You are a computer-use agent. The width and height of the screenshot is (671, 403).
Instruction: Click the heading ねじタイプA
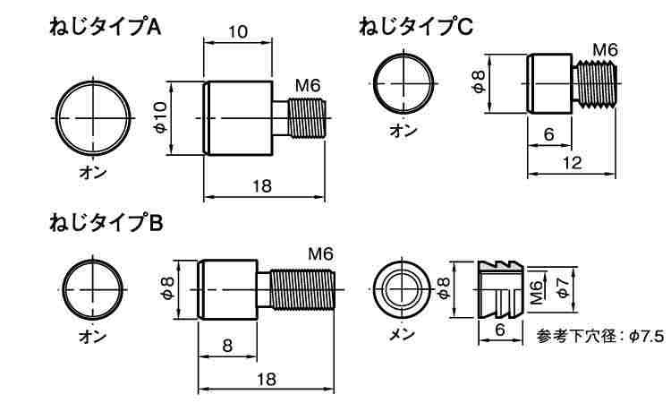pos(104,28)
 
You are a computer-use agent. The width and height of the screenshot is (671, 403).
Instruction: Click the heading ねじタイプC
pos(414,28)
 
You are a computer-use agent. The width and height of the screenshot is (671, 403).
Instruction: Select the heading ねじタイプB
pos(104,224)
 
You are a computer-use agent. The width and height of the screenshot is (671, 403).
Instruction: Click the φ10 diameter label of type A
pos(160,117)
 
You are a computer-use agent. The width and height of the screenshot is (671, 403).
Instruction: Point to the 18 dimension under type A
pos(262,185)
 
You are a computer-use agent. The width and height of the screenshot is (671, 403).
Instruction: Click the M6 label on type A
pos(308,86)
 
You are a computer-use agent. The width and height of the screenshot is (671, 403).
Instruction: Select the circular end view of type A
pos(93,117)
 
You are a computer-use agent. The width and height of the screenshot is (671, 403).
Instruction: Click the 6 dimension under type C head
pos(548,134)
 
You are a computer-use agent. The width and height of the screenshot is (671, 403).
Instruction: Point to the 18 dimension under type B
pos(266,380)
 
